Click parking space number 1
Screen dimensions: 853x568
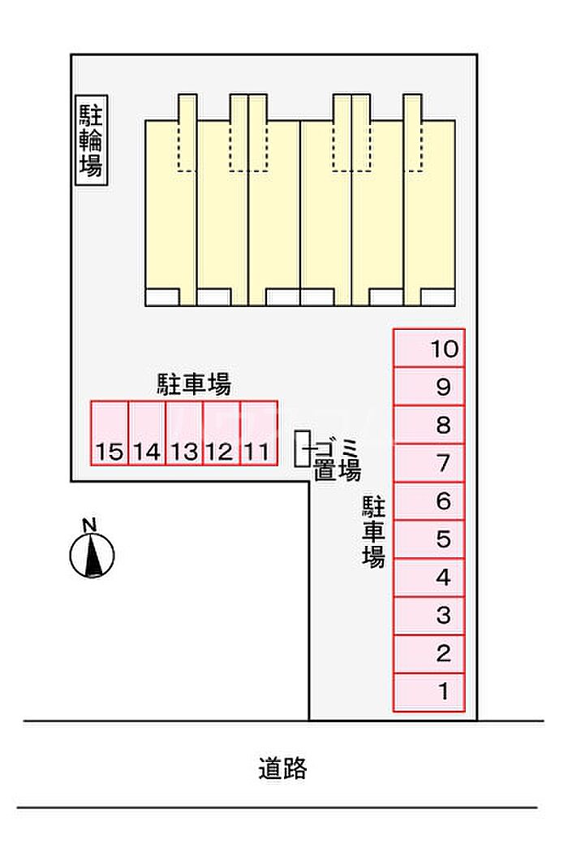click(x=429, y=692)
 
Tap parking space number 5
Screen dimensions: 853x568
click(x=429, y=539)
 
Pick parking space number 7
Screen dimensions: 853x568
click(x=429, y=463)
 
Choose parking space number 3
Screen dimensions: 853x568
click(x=429, y=616)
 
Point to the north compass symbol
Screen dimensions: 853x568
click(x=91, y=556)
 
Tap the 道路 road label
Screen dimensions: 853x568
click(x=283, y=768)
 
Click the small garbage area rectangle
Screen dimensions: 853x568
click(x=302, y=448)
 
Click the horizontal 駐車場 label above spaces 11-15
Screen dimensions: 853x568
click(x=194, y=383)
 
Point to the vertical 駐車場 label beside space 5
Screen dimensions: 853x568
click(x=373, y=533)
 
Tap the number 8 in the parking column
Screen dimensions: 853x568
click(x=443, y=425)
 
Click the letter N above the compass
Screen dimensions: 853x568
click(x=91, y=524)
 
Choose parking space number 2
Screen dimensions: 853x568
click(x=429, y=654)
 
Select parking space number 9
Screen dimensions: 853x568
click(x=429, y=387)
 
